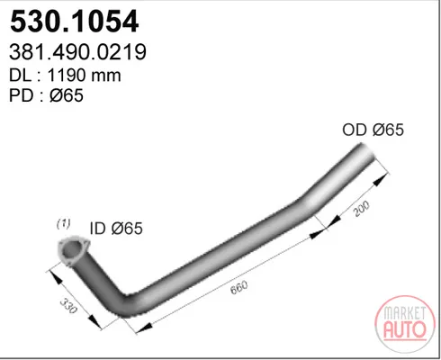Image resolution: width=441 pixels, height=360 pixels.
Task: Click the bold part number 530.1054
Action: pos(75,22)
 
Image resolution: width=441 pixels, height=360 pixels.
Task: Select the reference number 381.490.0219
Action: pos(77,52)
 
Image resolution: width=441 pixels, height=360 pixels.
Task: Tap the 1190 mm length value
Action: pos(84,75)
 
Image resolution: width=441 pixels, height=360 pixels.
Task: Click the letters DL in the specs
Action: pos(20,75)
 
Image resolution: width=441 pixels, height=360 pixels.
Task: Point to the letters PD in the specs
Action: pos(21,95)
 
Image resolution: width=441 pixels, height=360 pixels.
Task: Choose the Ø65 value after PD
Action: pos(67,95)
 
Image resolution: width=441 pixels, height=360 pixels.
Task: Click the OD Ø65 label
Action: pos(373,130)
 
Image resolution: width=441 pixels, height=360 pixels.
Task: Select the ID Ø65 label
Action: pos(116,229)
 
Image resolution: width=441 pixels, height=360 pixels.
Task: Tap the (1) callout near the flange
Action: pos(64,223)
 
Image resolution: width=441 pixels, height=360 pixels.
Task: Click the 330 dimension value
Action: pos(68,305)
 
